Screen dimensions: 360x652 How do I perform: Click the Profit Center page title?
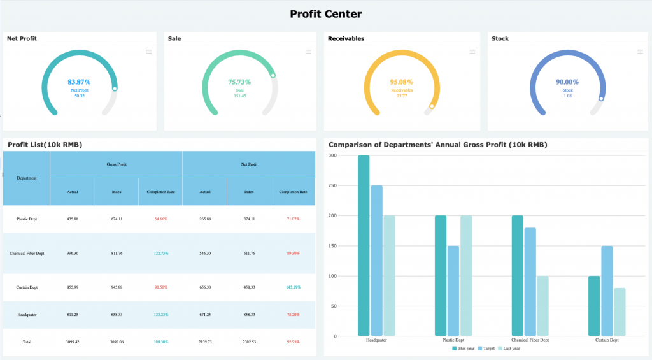coord(325,14)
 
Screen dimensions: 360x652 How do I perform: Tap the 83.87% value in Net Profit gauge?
coord(79,82)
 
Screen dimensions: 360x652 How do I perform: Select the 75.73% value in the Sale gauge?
coord(239,82)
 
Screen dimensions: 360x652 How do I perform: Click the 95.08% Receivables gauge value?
coord(401,82)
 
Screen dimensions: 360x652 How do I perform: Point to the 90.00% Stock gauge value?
coord(567,82)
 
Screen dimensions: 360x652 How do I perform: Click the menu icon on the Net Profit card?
coord(148,52)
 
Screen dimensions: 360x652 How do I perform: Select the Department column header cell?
coord(27,178)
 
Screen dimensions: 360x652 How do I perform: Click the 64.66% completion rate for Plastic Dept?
coord(160,219)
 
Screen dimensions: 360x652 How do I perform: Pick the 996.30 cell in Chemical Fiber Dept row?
coord(73,254)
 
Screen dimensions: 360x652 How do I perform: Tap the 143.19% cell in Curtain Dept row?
coord(293,287)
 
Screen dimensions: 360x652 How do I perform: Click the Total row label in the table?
coord(27,342)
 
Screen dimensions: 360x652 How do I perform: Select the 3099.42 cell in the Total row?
coord(73,342)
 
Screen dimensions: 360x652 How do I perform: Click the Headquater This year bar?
coord(364,245)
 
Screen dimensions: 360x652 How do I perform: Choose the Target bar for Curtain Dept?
coord(607,291)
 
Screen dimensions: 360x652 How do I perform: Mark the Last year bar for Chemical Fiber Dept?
coord(542,306)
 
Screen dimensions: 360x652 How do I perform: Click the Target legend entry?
coord(486,349)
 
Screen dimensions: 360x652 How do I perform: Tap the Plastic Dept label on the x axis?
coord(453,340)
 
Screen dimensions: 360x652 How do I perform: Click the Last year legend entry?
coord(509,349)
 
